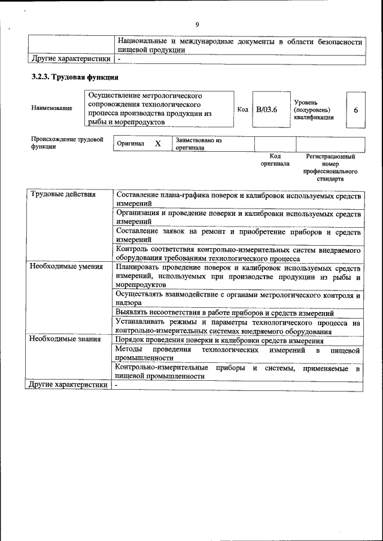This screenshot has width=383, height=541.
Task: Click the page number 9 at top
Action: coord(197,25)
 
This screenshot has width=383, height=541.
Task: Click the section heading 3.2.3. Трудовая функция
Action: coord(75,78)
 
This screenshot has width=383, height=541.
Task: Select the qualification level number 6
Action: coord(355,111)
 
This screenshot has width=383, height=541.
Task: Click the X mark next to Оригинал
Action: coord(158,144)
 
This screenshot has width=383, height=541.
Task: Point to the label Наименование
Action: coord(52,108)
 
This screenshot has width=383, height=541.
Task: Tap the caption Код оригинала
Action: coord(275,160)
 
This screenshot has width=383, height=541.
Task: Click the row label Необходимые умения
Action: coord(66,267)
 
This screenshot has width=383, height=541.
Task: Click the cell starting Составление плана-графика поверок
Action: coord(238,200)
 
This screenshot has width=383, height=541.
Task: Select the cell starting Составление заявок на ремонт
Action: coord(238,235)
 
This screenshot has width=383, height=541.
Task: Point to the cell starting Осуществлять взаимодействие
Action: coord(238,299)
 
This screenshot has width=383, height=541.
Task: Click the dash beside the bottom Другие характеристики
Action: coord(118,386)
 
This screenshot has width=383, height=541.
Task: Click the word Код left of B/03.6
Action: coord(242,110)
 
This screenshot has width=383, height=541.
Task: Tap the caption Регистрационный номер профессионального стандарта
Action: coord(330,167)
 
